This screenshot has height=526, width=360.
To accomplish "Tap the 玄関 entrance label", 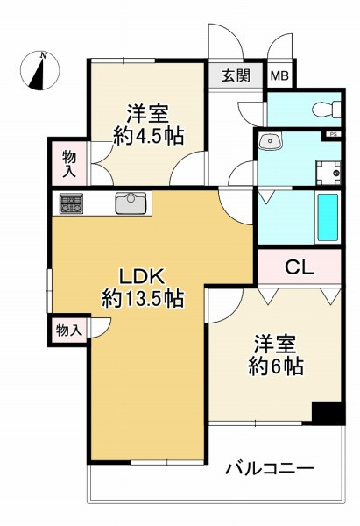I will [236, 75].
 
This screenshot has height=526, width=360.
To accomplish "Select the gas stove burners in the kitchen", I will [72, 203].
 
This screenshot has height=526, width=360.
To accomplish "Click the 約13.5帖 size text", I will [143, 298].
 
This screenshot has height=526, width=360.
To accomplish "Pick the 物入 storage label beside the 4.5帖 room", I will [68, 164].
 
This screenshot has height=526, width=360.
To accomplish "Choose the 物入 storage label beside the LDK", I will [68, 331].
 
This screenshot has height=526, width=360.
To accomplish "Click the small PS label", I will [333, 135].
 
